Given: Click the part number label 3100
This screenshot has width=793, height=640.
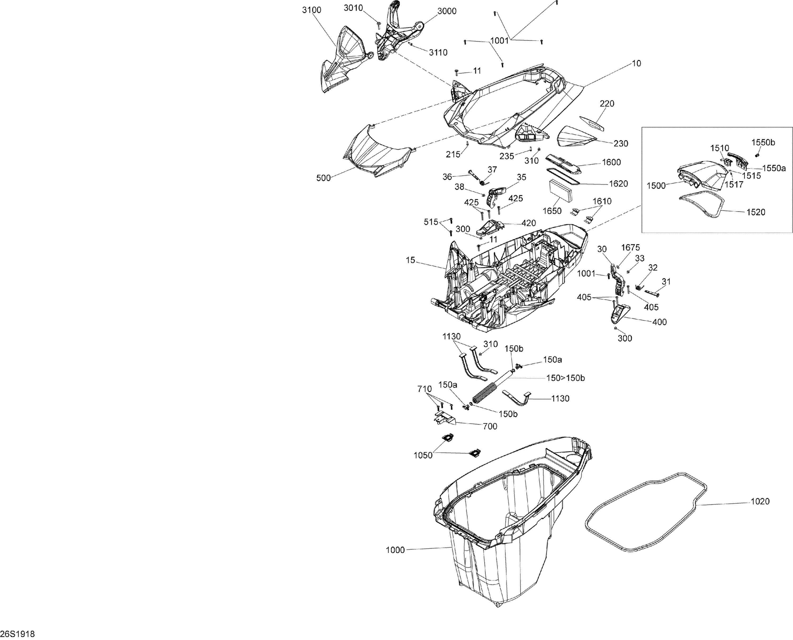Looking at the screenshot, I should point(312,10).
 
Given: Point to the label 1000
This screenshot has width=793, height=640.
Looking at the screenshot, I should point(395,560).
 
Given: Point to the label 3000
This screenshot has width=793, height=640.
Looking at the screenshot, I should point(447,11).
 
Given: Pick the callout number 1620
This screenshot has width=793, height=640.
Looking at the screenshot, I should point(618,184).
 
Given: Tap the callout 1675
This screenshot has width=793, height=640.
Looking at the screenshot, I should point(630,248).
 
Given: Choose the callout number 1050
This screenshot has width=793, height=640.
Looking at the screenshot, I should point(423,455).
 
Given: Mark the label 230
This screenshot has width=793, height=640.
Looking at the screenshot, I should point(621,143).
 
